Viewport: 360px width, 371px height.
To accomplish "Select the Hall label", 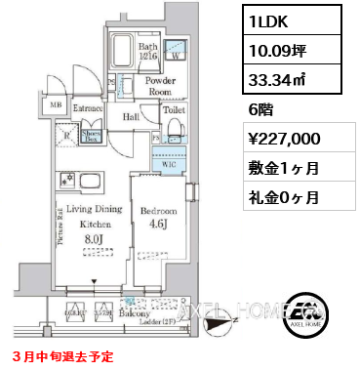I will pyautogui.click(x=131, y=116).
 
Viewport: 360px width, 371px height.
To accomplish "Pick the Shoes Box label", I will pyautogui.click(x=94, y=137).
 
